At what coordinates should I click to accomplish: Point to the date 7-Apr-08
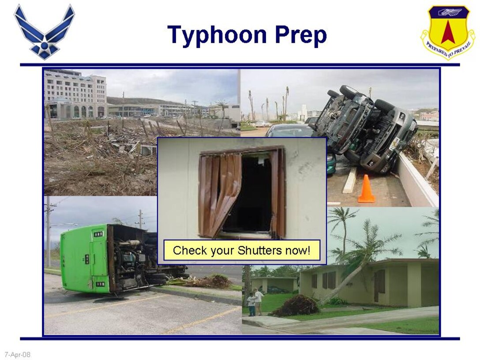[x=18, y=354]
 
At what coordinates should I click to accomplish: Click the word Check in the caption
[x=190, y=251]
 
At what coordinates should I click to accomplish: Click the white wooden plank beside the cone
[x=350, y=180]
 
